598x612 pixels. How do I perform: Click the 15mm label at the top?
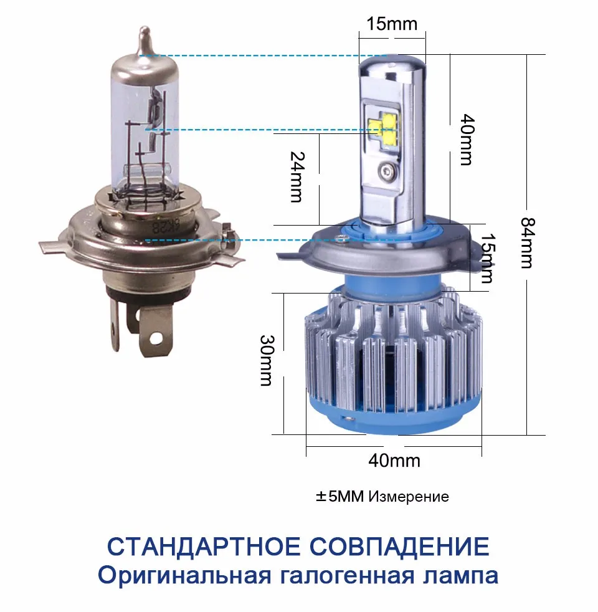(x=392, y=24)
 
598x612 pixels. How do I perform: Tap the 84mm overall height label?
(x=527, y=242)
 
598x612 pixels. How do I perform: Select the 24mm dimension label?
(x=297, y=177)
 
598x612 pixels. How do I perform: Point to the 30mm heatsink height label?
(x=267, y=360)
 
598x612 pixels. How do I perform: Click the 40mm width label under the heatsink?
(x=394, y=461)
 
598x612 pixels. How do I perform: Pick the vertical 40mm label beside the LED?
(x=465, y=138)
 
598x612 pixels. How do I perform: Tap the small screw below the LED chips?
(x=387, y=170)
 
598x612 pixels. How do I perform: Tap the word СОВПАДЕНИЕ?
(x=399, y=546)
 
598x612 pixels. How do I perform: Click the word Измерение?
(x=409, y=497)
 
